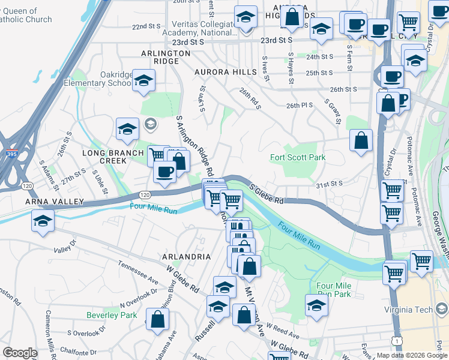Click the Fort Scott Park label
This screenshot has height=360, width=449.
point(298,158)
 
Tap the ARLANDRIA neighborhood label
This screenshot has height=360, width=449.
point(186,256)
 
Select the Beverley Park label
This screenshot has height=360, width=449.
point(112,315)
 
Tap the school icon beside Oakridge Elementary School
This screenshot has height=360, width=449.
point(144,80)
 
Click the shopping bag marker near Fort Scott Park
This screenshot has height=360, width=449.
point(361,141)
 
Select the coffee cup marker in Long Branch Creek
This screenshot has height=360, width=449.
point(164,172)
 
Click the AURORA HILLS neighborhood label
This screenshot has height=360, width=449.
point(225,72)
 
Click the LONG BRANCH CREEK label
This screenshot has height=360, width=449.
point(113,157)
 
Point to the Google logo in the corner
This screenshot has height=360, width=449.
point(19,353)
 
